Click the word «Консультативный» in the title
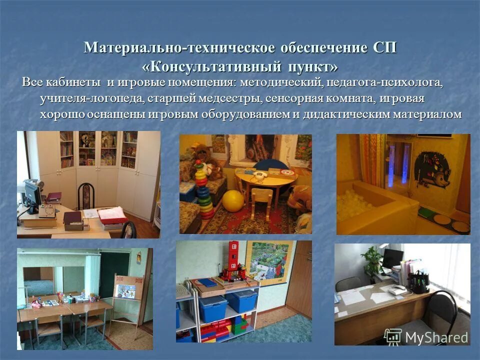(x=210, y=66)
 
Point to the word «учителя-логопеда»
(x=92, y=98)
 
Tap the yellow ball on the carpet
(x=232, y=201)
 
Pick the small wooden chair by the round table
(x=260, y=201)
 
